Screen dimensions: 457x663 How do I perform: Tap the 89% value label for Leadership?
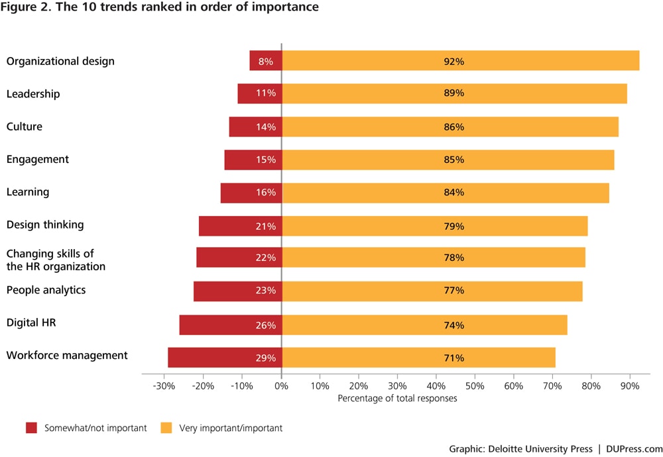point(454,93)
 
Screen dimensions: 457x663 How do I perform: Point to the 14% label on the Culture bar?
point(266,127)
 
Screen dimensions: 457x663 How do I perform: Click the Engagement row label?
point(38,160)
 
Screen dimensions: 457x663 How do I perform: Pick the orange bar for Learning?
point(445,192)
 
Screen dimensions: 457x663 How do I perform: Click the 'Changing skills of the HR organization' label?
point(56,260)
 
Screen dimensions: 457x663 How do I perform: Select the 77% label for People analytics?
point(454,290)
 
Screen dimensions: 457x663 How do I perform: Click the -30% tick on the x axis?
point(164,385)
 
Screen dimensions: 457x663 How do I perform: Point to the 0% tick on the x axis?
point(281,385)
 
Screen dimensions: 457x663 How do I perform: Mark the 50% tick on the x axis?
point(475,385)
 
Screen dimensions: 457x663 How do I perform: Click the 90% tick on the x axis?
point(630,385)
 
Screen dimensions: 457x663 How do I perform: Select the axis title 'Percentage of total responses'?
point(397,399)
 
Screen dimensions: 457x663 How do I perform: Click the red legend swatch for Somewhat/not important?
point(31,428)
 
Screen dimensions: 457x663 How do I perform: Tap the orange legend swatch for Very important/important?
point(166,428)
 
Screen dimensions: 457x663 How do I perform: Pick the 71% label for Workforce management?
point(454,358)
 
